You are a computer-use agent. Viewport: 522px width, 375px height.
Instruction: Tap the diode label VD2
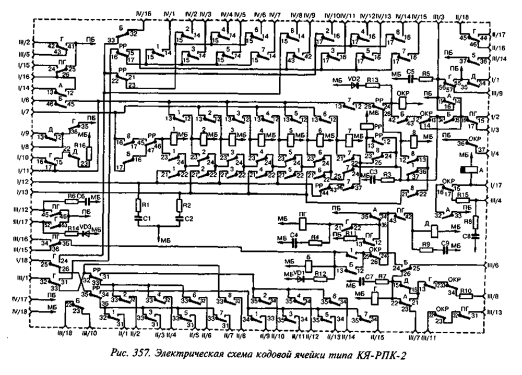click(x=354, y=78)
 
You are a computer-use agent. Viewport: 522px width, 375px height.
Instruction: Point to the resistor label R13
click(x=372, y=78)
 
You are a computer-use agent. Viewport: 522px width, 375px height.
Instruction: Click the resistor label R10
click(x=466, y=291)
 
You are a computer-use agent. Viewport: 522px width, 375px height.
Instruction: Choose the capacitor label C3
click(x=373, y=172)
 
